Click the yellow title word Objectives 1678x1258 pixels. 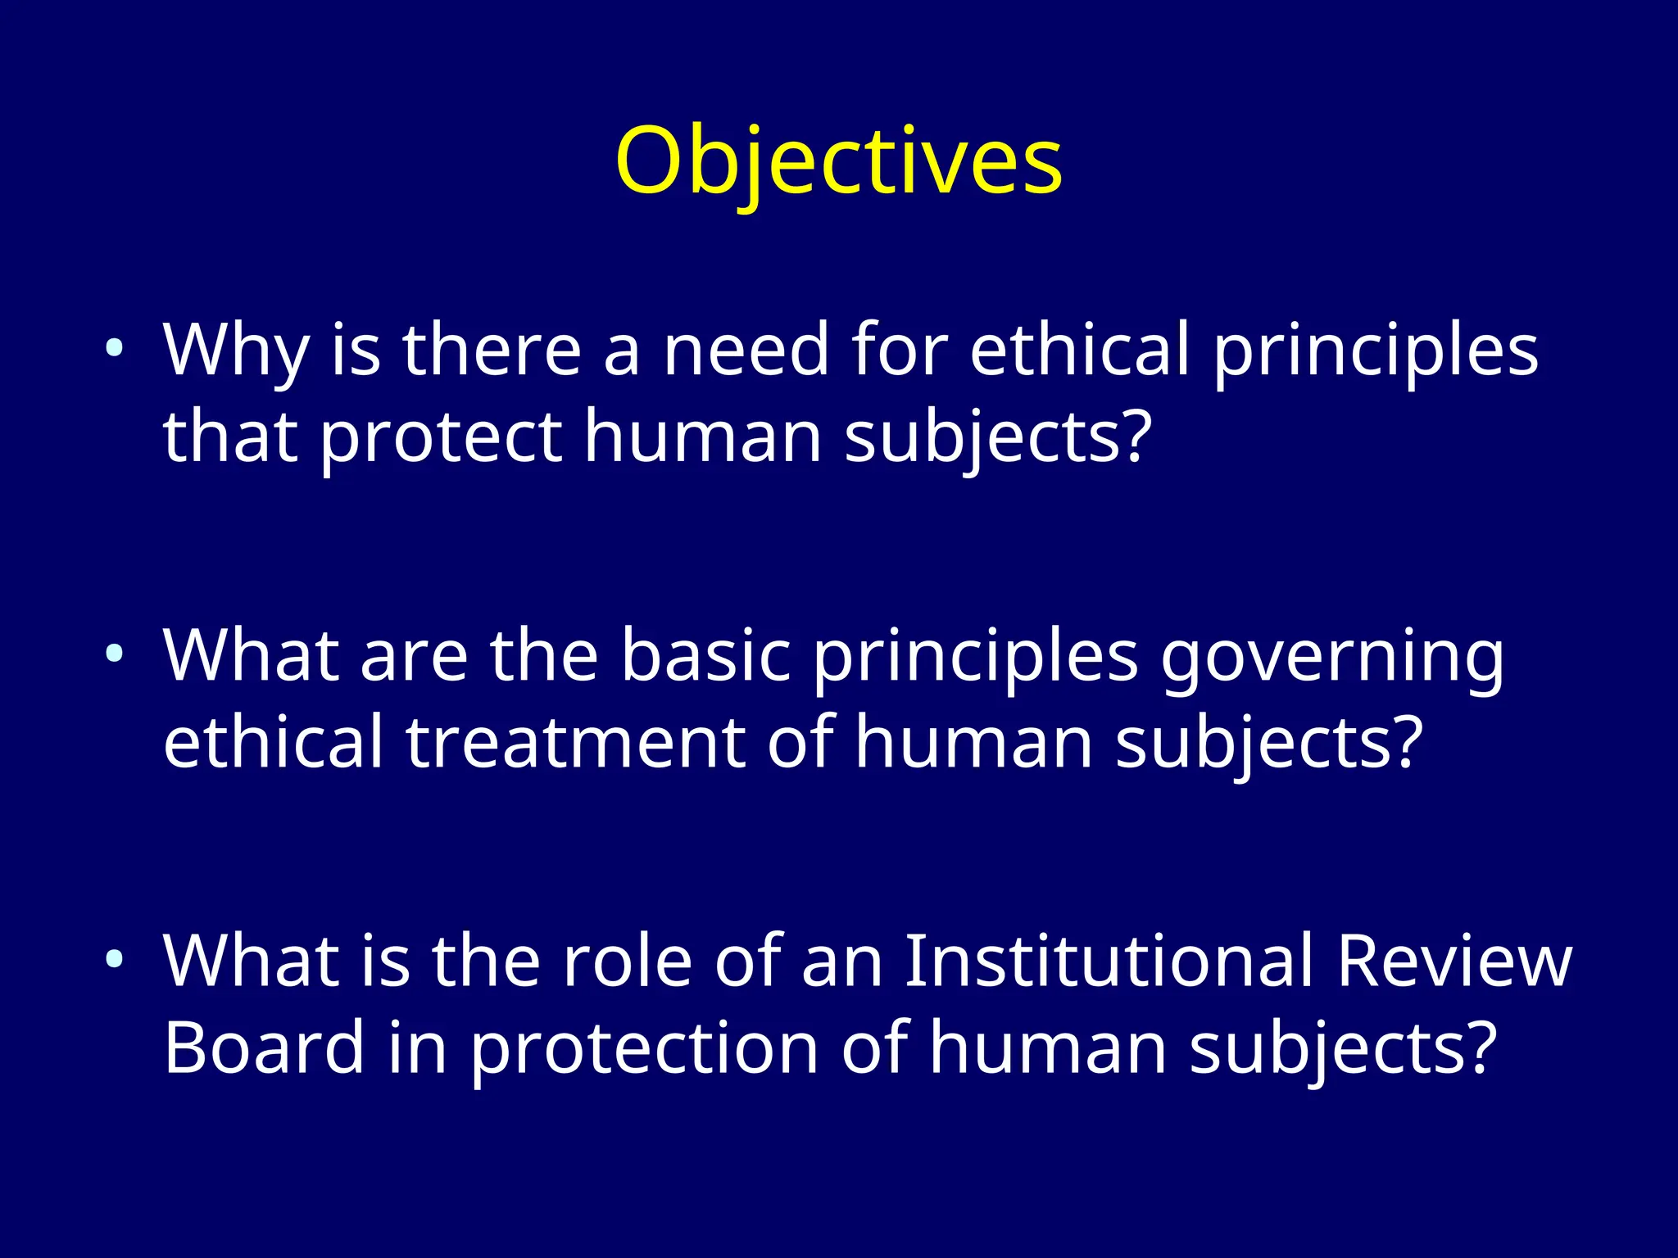tap(838, 162)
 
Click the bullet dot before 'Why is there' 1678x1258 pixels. tap(115, 349)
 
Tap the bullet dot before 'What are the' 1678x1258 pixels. tap(115, 654)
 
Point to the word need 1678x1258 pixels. tap(746, 351)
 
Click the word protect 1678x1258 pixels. tap(440, 438)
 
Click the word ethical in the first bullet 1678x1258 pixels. tap(1079, 351)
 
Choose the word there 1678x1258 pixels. tap(492, 351)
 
